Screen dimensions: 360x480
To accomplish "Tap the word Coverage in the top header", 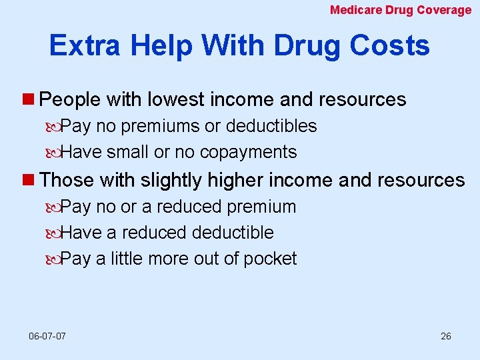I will click(x=444, y=10).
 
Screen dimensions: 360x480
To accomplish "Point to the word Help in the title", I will click(x=163, y=45).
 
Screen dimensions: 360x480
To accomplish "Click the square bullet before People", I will click(x=31, y=100).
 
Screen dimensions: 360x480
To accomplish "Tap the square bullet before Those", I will click(x=31, y=180).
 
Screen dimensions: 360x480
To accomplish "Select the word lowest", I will click(x=176, y=100).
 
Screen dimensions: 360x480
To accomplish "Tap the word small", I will click(x=128, y=152).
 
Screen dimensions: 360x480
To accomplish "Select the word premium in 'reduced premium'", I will click(x=261, y=207).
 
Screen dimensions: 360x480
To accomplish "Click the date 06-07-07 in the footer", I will click(x=47, y=335).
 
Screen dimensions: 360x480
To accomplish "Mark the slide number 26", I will click(x=446, y=335).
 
